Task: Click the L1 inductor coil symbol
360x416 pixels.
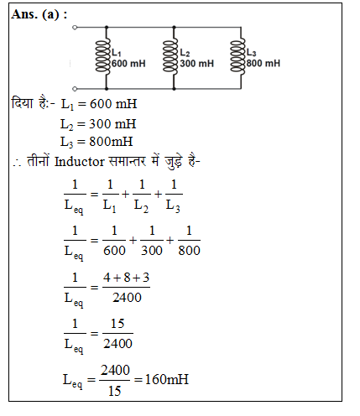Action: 103,57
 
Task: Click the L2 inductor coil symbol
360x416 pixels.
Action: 170,57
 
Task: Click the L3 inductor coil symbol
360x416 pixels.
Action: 237,57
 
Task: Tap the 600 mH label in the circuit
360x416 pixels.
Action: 128,64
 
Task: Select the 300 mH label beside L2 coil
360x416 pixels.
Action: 197,64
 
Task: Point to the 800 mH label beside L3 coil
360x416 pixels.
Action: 263,63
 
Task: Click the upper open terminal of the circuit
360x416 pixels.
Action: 75,28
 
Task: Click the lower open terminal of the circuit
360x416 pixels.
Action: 75,89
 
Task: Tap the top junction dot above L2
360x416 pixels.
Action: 174,28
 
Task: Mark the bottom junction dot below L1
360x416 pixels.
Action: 107,89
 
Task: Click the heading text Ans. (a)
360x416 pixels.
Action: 39,14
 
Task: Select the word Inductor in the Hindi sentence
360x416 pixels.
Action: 80,162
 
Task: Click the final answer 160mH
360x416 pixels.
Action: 167,379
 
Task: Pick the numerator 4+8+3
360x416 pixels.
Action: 126,278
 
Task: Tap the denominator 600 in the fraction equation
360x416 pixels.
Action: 114,251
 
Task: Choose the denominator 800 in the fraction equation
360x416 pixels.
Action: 190,251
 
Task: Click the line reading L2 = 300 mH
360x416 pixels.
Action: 98,124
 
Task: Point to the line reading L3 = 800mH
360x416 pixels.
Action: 97,142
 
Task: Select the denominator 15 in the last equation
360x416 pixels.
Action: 115,391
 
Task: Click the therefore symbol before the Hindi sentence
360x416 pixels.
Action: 17,163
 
